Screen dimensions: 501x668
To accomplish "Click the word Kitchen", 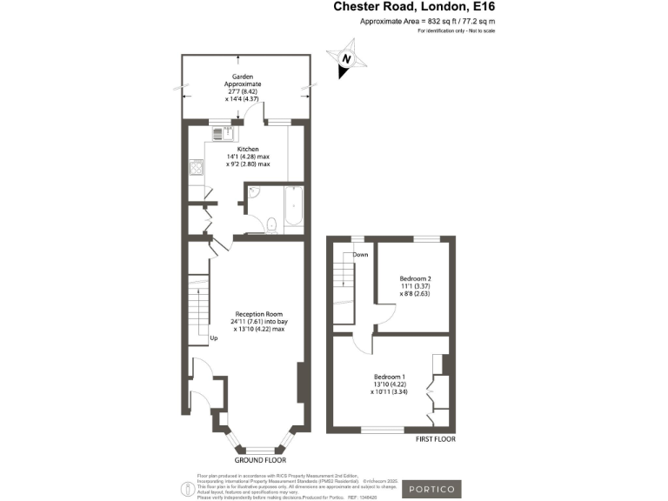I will [248, 150].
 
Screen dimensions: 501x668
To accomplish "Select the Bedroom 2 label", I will [415, 278].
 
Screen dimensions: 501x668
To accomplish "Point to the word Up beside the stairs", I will [213, 337].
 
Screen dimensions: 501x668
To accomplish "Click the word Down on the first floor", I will [360, 254].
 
